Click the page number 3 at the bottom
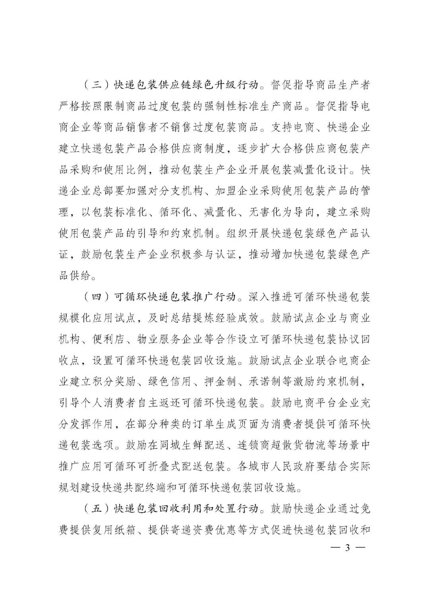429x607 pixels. [347, 548]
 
